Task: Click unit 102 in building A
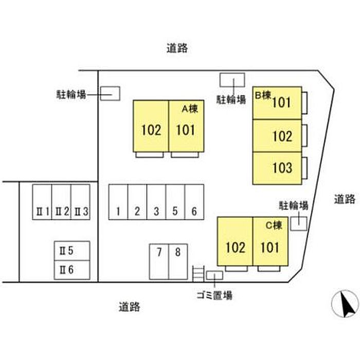click(x=151, y=126)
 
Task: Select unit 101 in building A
click(x=186, y=126)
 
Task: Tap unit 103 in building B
click(x=277, y=168)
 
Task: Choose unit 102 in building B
click(x=277, y=136)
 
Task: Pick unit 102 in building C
click(x=235, y=241)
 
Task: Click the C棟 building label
click(x=274, y=225)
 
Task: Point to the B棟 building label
click(x=263, y=95)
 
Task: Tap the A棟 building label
click(x=190, y=109)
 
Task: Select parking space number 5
click(x=175, y=202)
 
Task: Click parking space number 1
click(x=118, y=202)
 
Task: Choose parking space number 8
click(x=178, y=262)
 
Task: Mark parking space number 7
click(x=159, y=262)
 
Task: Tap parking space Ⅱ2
click(x=62, y=202)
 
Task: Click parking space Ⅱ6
click(x=72, y=270)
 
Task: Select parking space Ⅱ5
click(x=72, y=251)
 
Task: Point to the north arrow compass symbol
click(x=345, y=303)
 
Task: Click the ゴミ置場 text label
click(x=214, y=295)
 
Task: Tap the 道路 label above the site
click(x=177, y=48)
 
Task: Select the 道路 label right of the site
click(x=345, y=199)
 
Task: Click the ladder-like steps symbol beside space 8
click(x=199, y=274)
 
